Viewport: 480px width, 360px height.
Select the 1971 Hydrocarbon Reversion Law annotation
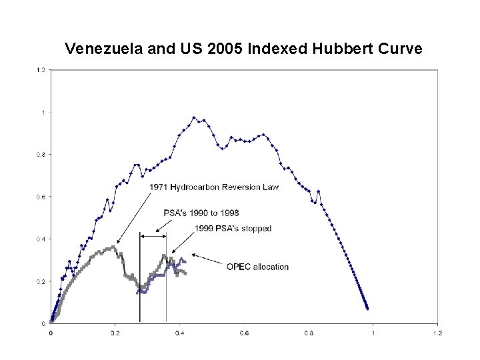(214, 187)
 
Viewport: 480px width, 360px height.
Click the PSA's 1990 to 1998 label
(201, 213)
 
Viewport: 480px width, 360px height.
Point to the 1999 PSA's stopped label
(233, 229)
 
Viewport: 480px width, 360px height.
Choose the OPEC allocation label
(257, 267)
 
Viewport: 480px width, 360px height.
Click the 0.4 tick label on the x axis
(180, 333)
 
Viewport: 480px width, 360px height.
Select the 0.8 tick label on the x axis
(309, 333)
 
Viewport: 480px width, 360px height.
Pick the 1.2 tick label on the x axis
(438, 333)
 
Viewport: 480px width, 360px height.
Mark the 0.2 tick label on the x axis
(115, 333)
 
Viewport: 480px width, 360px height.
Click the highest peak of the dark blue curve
(194, 117)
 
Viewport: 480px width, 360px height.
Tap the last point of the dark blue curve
(367, 309)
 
